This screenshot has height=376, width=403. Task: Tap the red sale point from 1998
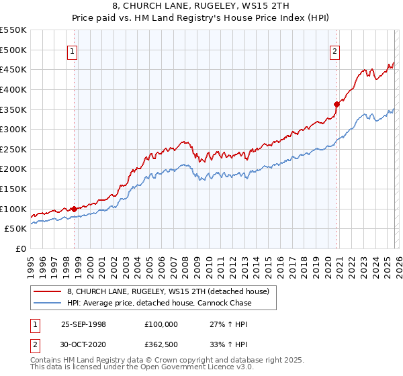coord(74,209)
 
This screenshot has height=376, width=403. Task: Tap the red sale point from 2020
coord(337,104)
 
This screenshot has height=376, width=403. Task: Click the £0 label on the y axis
coord(21,248)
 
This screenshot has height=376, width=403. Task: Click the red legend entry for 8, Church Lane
coord(168,291)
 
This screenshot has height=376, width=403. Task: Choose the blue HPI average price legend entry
coord(159,303)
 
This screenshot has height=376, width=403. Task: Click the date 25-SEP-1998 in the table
coord(83,324)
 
